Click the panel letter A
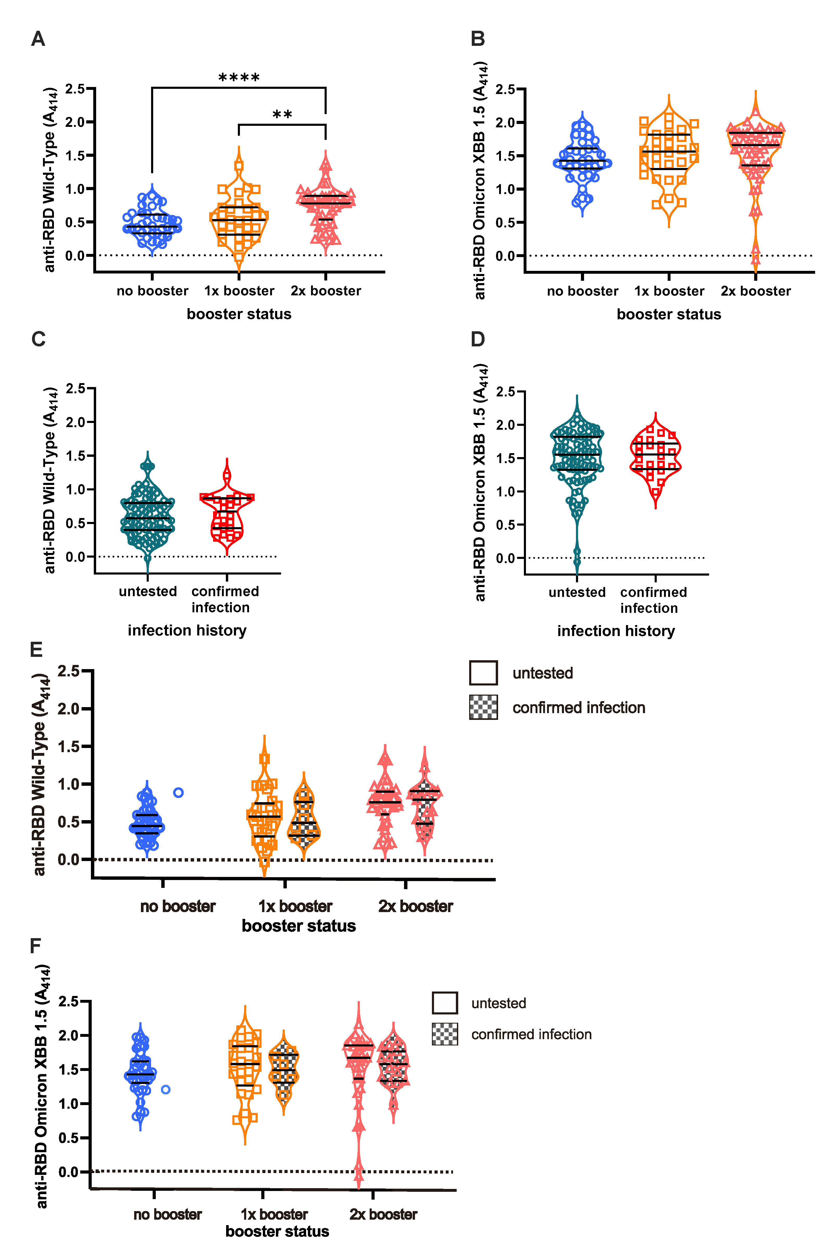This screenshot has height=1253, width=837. tap(38, 39)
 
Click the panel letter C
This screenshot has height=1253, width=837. tap(38, 339)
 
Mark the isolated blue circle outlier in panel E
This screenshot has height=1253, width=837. tap(178, 793)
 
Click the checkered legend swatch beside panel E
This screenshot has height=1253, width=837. tap(483, 707)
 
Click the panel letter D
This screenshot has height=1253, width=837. tap(478, 339)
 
